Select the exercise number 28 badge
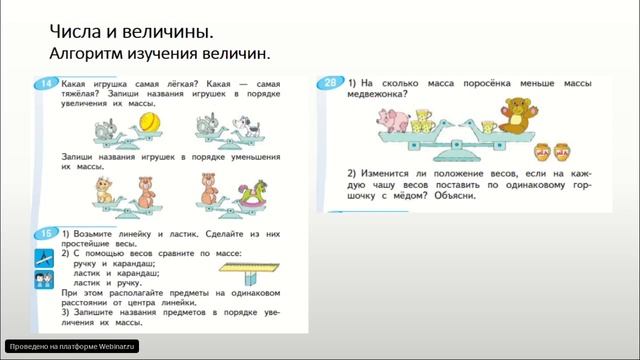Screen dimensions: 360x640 click(x=331, y=82)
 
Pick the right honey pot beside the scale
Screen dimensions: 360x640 click(x=564, y=154)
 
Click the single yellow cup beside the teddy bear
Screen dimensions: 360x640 click(x=489, y=125)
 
